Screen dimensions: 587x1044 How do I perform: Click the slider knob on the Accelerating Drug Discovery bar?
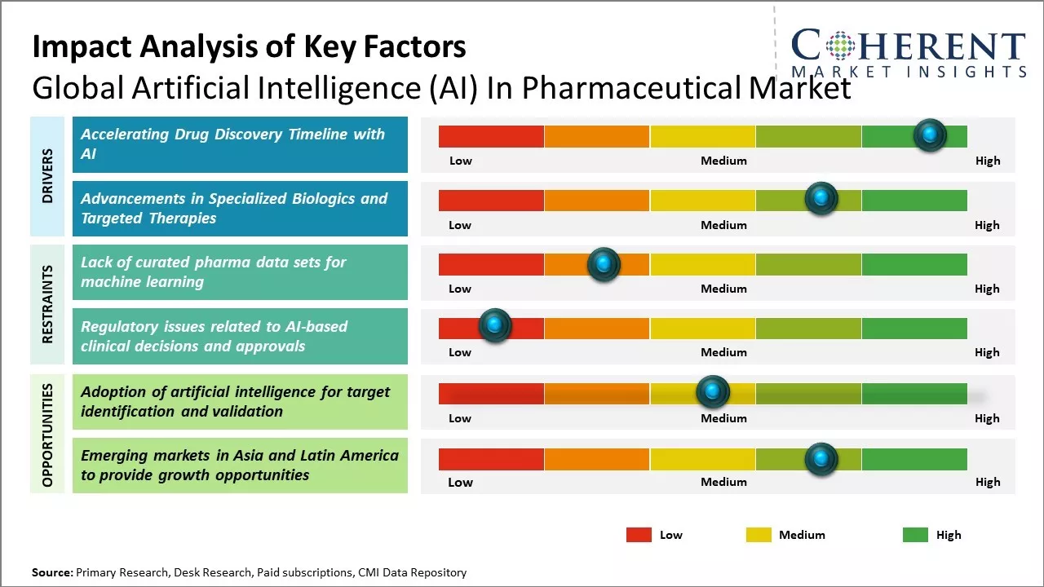point(930,135)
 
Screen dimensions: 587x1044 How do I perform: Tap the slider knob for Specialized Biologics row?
point(821,198)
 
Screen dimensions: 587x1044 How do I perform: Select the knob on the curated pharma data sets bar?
point(604,263)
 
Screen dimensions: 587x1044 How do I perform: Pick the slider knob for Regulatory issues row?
point(494,325)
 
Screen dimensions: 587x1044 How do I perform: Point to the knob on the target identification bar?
point(713,392)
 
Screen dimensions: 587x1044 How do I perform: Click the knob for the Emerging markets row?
point(821,459)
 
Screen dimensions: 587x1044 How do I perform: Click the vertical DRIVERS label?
point(46,176)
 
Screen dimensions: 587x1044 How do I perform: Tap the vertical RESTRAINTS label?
point(46,304)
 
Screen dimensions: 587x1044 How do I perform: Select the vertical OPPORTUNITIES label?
point(46,435)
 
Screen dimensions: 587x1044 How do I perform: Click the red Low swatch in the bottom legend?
point(639,535)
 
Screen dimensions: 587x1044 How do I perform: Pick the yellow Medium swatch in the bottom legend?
point(759,535)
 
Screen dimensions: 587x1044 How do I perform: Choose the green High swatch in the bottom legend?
point(915,535)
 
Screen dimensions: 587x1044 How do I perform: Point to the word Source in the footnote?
point(51,572)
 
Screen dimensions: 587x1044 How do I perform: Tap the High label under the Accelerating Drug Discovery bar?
point(988,161)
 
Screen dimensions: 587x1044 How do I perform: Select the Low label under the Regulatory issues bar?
point(460,352)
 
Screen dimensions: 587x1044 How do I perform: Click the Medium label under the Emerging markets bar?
point(723,482)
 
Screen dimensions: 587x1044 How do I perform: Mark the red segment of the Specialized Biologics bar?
point(491,201)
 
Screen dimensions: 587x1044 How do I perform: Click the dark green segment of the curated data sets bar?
point(914,264)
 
